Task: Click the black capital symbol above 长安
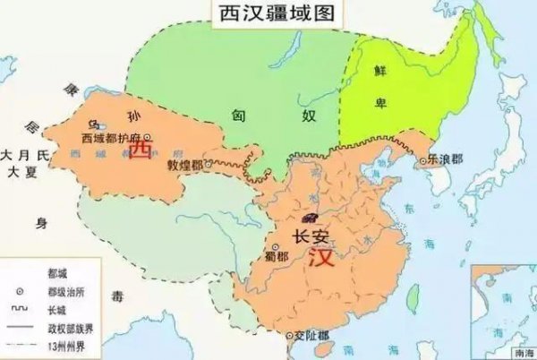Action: tap(311, 218)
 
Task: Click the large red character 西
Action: tap(140, 153)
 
